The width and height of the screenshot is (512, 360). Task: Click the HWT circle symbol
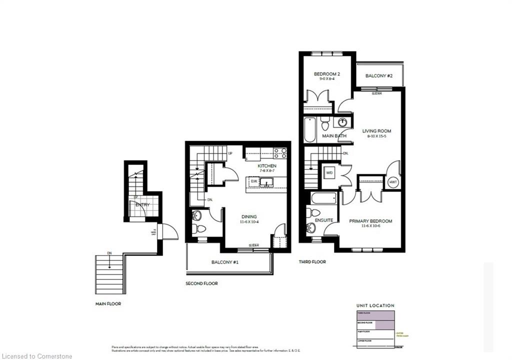392,182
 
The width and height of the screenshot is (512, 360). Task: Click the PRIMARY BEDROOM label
370,221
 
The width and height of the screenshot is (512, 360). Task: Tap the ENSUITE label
324,220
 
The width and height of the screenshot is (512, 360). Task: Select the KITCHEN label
267,166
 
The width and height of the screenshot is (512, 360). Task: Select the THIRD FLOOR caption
312,261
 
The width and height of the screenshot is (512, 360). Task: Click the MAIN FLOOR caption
108,303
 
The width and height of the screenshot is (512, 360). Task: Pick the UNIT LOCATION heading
375,305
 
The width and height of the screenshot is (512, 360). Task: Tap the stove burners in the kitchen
280,153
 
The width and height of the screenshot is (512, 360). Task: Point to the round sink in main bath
343,122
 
